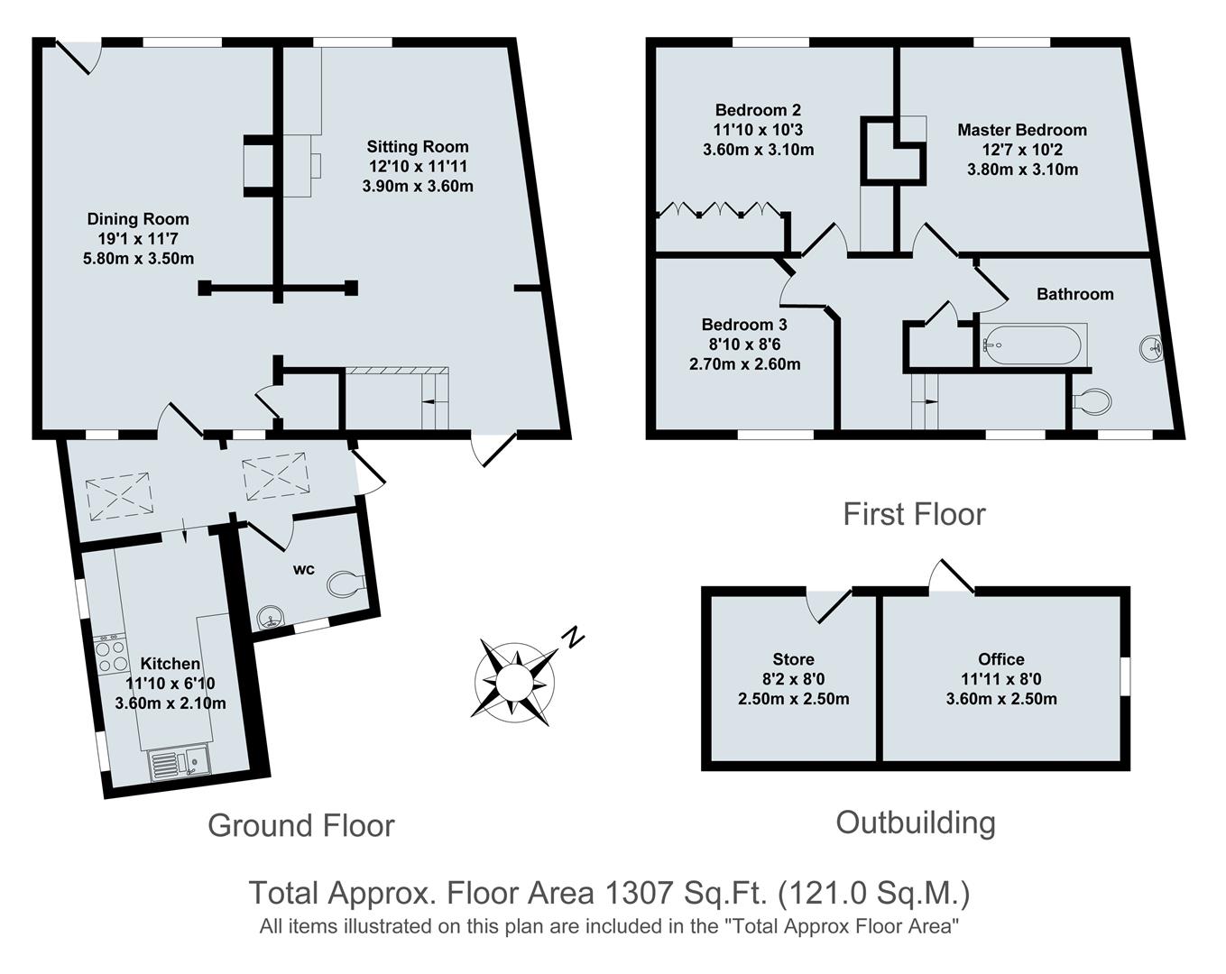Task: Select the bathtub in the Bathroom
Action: pos(1031,344)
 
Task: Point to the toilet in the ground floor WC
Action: pos(345,584)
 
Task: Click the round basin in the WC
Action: pos(269,618)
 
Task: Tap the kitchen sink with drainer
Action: pos(179,765)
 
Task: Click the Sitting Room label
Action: pos(417,146)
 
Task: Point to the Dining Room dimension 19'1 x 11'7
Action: pos(138,239)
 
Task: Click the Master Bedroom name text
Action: pos(1021,130)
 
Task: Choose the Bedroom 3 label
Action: pos(744,325)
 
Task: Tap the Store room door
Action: pos(829,604)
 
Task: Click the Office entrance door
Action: pos(953,577)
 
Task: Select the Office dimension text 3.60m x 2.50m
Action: pos(1000,699)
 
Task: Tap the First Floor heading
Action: pos(913,514)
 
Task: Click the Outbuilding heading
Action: pos(915,822)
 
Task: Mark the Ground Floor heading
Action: pos(300,825)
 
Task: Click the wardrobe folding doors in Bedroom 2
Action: pos(719,211)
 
